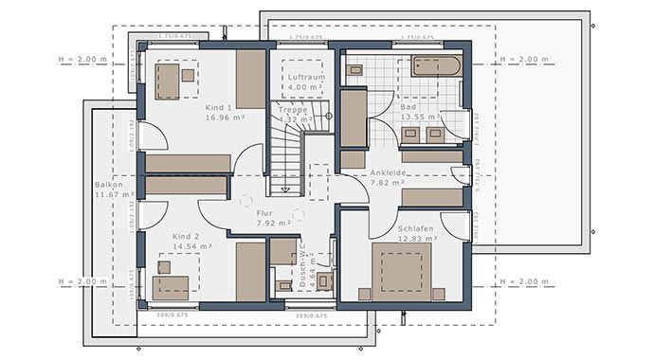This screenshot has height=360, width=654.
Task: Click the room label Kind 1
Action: tap(219, 109)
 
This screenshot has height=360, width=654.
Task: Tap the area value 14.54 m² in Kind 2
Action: tap(192, 246)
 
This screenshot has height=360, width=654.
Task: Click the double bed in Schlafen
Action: tap(401, 271)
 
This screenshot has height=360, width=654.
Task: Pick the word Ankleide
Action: tap(390, 172)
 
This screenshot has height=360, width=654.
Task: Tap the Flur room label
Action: tap(264, 214)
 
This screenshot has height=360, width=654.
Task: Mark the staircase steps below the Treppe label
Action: tap(285, 152)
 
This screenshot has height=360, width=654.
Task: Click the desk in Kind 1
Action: tap(170, 81)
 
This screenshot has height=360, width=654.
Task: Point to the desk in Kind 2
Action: tap(172, 284)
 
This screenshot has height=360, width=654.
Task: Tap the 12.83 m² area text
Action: tap(417, 239)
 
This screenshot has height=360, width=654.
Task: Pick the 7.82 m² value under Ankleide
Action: tap(388, 182)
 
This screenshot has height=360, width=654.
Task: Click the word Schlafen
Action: tap(416, 228)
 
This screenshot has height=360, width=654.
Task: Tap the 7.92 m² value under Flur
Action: tap(265, 225)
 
